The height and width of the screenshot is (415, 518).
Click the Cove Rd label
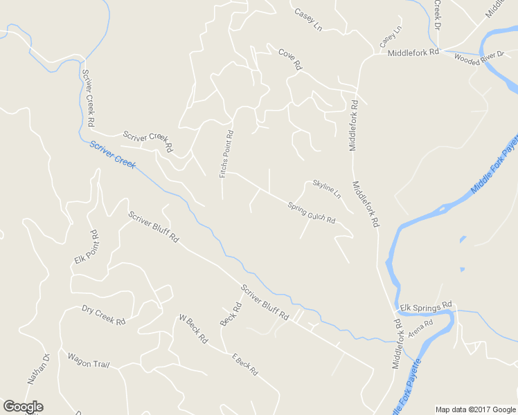pos(291,59)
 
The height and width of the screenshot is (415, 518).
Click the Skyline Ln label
pos(326,189)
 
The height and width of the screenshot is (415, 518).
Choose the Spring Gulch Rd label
pos(311,212)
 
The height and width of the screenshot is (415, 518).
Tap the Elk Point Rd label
pos(87,247)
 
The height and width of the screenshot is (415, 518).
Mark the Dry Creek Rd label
pos(103,315)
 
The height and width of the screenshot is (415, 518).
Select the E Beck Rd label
pos(244,364)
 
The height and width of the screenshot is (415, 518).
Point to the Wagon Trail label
pos(88,360)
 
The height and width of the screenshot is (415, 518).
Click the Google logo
pos(23,407)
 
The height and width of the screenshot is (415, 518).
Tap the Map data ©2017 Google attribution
pos(475,409)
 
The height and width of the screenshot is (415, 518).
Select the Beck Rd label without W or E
pos(231,314)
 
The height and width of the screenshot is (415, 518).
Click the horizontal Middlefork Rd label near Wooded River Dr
pos(413,53)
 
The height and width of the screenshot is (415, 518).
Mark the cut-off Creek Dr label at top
pos(438,10)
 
